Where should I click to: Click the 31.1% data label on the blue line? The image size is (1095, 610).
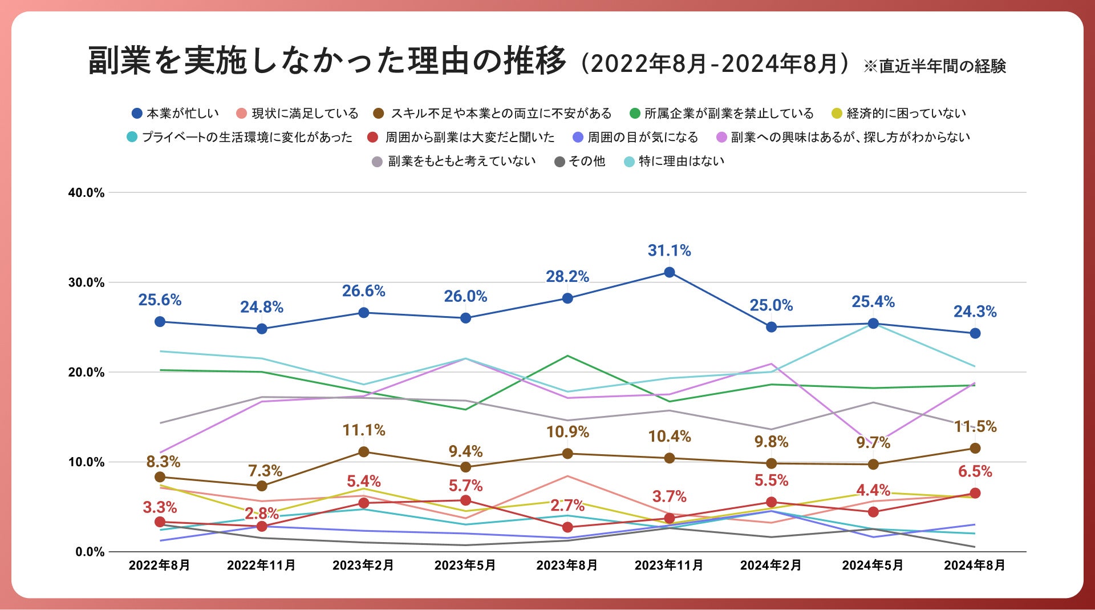(x=669, y=251)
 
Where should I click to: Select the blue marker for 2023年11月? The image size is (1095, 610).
(x=670, y=273)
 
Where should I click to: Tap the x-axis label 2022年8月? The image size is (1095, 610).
(x=159, y=565)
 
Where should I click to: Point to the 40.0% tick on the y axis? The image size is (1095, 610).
(x=87, y=193)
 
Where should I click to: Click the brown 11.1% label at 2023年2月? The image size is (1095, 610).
(x=364, y=430)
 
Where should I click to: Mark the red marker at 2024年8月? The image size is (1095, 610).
(x=975, y=493)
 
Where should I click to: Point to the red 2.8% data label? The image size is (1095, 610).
(x=262, y=514)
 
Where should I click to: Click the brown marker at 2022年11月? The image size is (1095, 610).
(x=262, y=486)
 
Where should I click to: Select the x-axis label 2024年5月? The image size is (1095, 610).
(x=873, y=565)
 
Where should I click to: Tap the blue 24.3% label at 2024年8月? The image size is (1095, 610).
(x=975, y=312)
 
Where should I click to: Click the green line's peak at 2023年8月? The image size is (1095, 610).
(x=567, y=356)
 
